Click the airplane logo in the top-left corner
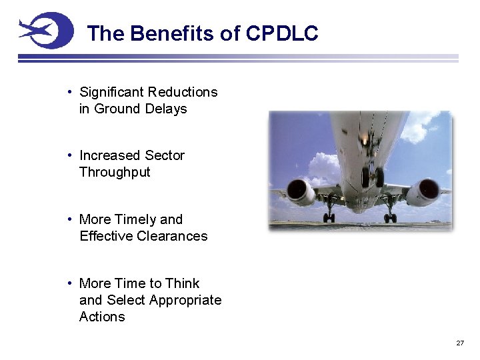45,31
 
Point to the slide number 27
459,343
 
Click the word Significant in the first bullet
112,92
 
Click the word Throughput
115,172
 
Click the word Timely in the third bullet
137,219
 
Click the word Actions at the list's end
102,317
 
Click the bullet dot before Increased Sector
70,155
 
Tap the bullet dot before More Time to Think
70,283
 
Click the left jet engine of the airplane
301,192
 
